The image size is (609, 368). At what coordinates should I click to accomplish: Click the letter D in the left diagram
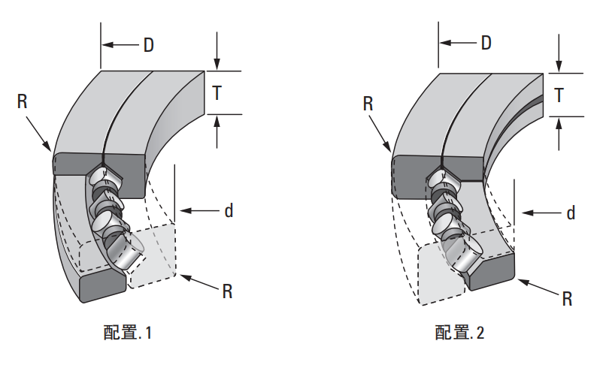tap(149, 45)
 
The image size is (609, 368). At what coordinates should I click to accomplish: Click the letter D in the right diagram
tap(486, 43)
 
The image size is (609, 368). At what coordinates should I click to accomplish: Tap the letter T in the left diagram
tap(217, 93)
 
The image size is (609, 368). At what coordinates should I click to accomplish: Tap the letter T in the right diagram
tap(559, 95)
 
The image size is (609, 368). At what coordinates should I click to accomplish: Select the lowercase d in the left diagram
tap(229, 211)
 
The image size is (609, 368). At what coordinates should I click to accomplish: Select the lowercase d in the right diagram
tap(571, 213)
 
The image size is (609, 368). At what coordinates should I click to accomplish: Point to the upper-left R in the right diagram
tap(368, 104)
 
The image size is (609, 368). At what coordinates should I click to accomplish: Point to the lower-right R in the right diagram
tap(568, 299)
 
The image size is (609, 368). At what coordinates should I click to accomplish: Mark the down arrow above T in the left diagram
tap(217, 53)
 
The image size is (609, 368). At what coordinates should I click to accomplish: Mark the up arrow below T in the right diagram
tap(559, 134)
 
